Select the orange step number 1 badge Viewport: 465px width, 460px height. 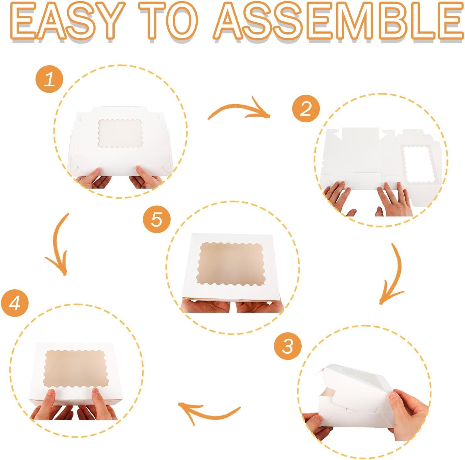[x=50, y=80]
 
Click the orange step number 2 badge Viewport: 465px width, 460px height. [x=306, y=110]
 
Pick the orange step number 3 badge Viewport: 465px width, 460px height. [x=288, y=347]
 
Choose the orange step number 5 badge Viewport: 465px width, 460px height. [x=156, y=219]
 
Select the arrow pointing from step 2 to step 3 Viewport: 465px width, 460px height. [x=397, y=276]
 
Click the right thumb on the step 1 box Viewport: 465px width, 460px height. [x=141, y=173]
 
